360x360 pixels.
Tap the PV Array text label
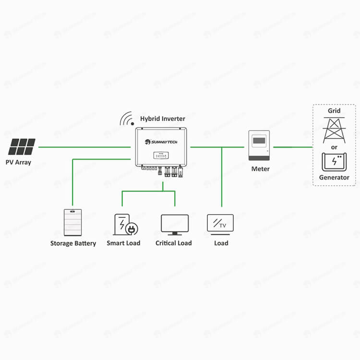click(18, 162)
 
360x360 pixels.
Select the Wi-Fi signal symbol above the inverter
click(127, 118)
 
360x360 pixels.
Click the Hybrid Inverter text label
click(163, 118)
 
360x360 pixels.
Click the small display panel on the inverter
click(161, 156)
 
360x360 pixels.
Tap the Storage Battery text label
click(73, 243)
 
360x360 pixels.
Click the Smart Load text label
click(123, 243)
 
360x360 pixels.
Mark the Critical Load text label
click(174, 243)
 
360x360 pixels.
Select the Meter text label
click(261, 169)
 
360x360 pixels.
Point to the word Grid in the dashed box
click(334, 111)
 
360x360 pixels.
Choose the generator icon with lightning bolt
click(334, 162)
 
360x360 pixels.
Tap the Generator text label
click(334, 178)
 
